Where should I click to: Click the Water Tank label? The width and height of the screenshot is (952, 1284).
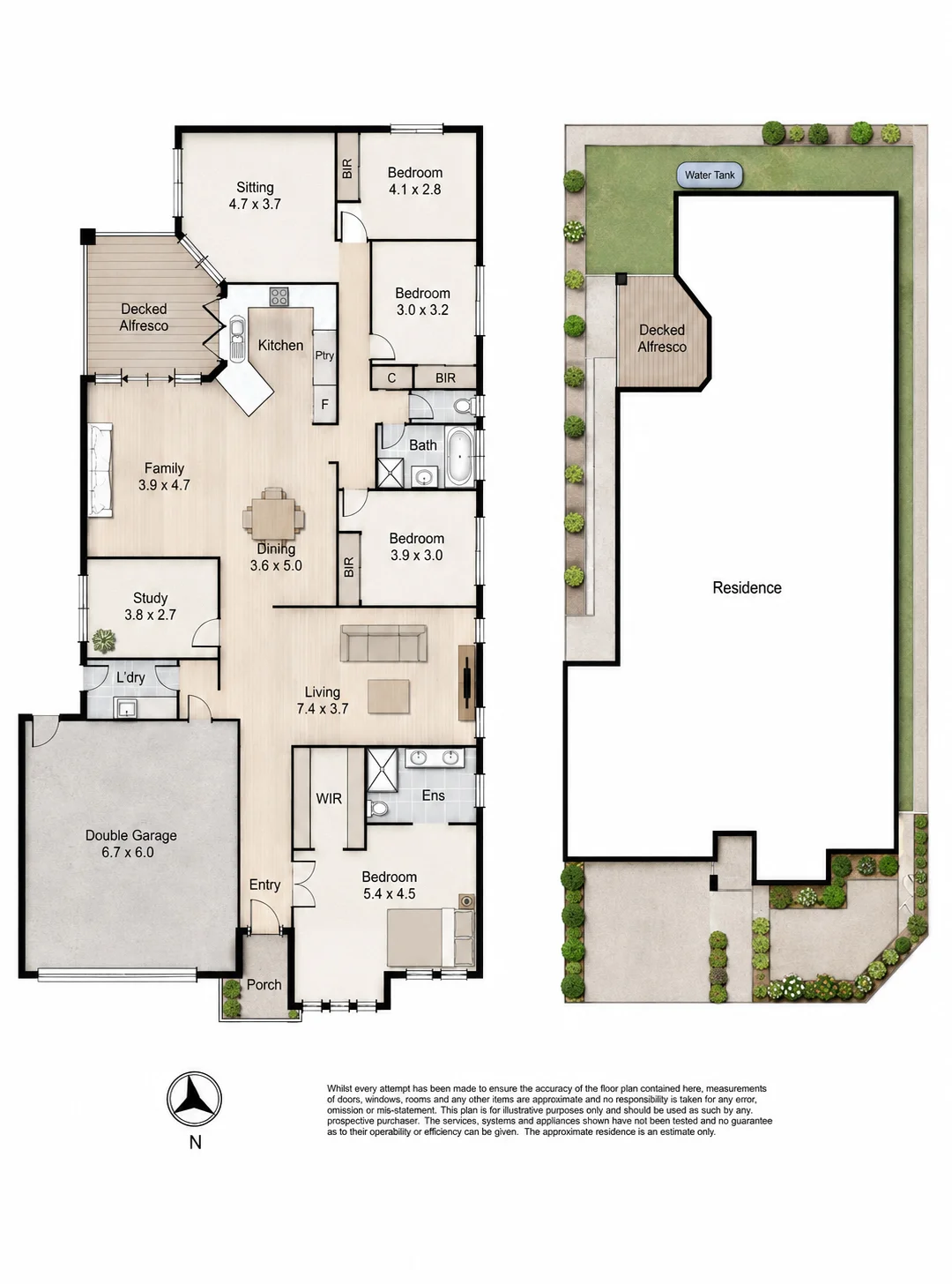click(709, 175)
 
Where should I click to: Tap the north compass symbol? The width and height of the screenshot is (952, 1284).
click(195, 1098)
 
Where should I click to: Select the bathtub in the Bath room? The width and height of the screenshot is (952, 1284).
click(459, 457)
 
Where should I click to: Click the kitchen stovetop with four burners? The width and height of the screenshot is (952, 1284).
click(279, 296)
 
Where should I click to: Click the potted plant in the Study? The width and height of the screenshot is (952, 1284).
click(104, 640)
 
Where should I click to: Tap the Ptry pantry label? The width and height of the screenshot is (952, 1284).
click(324, 355)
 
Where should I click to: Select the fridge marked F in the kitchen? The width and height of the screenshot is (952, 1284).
click(324, 405)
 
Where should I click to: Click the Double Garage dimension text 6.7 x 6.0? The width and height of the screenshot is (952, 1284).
click(127, 852)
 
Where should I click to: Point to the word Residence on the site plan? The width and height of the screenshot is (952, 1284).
click(747, 587)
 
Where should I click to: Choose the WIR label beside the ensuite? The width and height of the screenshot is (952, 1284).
click(329, 799)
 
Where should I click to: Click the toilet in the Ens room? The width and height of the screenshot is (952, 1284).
click(378, 808)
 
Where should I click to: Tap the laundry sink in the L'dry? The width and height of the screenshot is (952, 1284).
click(125, 707)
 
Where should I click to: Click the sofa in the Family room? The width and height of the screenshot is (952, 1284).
click(100, 469)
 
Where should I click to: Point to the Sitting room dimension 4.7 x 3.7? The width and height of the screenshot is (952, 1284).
click(255, 204)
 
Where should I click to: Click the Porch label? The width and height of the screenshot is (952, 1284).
click(264, 985)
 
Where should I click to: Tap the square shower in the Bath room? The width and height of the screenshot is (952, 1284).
click(390, 473)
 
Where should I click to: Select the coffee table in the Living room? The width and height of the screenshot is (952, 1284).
click(389, 697)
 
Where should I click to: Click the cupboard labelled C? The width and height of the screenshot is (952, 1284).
click(391, 378)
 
